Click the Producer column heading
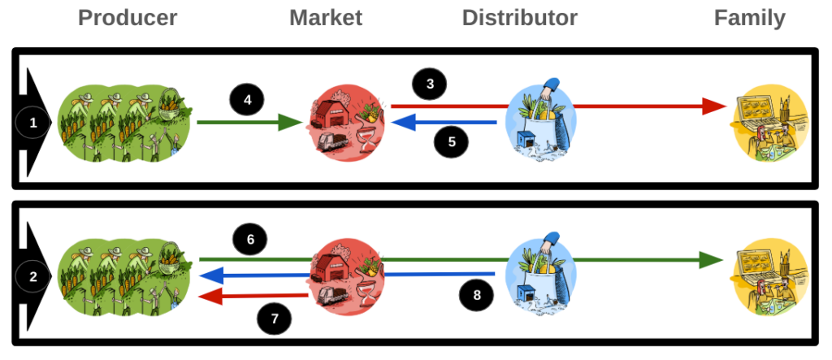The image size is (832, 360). pos(128,18)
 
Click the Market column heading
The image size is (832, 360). pos(326,18)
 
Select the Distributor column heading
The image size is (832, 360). pos(520,18)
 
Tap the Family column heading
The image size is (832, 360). pos(750,18)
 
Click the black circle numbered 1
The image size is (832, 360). pos(33,123)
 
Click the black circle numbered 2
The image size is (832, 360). pos(33,277)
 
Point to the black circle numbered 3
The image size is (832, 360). pos(431,83)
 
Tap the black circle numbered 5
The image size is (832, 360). pos(452,143)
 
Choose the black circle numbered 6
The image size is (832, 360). pos(250,239)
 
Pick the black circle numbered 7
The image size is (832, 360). pos(275,319)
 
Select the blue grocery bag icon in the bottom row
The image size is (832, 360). pos(539,273)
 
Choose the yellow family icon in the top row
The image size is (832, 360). pos(770,123)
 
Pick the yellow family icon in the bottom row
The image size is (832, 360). pos(770,275)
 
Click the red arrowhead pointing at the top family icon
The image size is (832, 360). pos(714,106)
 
